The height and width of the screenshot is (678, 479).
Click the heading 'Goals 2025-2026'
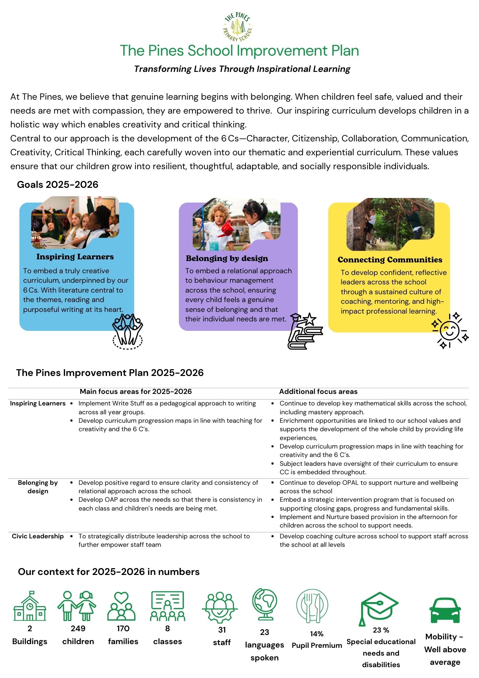click(58, 184)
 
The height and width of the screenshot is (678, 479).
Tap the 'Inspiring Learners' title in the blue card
click(75, 257)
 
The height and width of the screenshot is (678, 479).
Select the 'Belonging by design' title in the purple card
click(227, 258)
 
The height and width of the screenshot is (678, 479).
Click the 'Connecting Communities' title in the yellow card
click(390, 260)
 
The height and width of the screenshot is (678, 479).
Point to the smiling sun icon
click(450, 331)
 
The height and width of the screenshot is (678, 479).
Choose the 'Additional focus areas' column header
click(318, 392)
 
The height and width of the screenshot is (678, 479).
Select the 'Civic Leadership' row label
click(38, 536)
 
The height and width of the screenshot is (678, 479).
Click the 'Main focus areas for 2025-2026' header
click(136, 392)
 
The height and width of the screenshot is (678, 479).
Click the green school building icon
click(30, 606)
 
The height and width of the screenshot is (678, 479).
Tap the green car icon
click(445, 611)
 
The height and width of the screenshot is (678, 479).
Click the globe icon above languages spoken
click(265, 604)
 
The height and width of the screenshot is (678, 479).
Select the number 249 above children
click(78, 628)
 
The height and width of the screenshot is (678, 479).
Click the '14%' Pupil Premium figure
click(317, 634)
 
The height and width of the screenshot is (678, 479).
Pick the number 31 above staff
click(222, 630)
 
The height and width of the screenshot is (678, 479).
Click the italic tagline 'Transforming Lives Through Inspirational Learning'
click(242, 69)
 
